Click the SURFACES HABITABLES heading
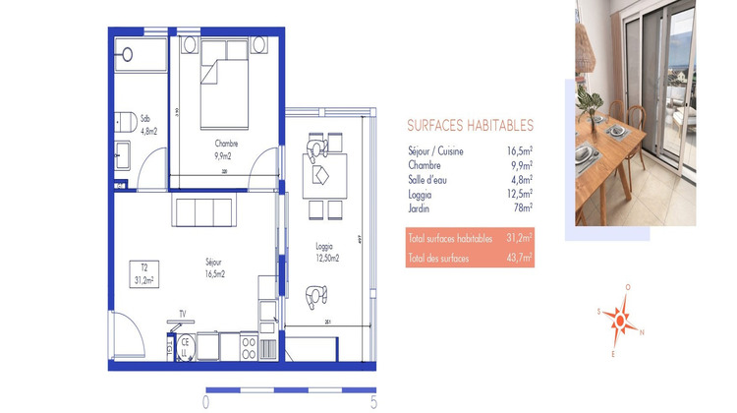pyautogui.click(x=470, y=126)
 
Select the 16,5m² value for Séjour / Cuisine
pyautogui.click(x=519, y=151)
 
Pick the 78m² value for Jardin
pyautogui.click(x=522, y=207)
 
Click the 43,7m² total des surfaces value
pyautogui.click(x=519, y=258)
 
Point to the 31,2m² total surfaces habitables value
pyautogui.click(x=519, y=238)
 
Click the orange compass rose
pyautogui.click(x=620, y=319)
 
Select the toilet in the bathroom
pyautogui.click(x=125, y=121)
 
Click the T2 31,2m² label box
pyautogui.click(x=143, y=272)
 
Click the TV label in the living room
pyautogui.click(x=182, y=315)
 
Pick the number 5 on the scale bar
pyautogui.click(x=373, y=401)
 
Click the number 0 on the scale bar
pyautogui.click(x=205, y=401)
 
